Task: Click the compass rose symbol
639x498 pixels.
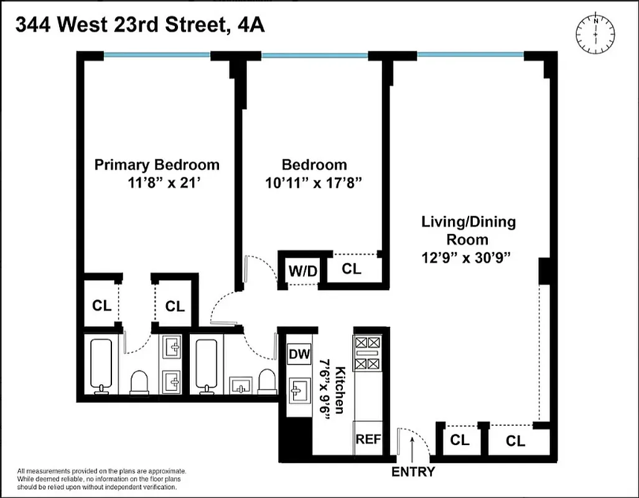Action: [595, 32]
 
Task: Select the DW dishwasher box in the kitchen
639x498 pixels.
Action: [299, 355]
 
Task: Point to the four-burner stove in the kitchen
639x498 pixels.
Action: [367, 353]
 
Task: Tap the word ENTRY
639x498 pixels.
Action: [413, 472]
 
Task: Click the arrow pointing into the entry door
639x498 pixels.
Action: [413, 446]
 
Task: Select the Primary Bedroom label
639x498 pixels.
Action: [157, 165]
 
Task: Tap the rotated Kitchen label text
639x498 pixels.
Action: [340, 389]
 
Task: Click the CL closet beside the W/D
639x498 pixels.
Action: [352, 269]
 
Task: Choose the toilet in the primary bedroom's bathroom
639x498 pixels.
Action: [139, 382]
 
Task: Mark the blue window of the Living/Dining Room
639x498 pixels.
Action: [470, 55]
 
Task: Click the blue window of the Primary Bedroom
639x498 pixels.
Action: [157, 55]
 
